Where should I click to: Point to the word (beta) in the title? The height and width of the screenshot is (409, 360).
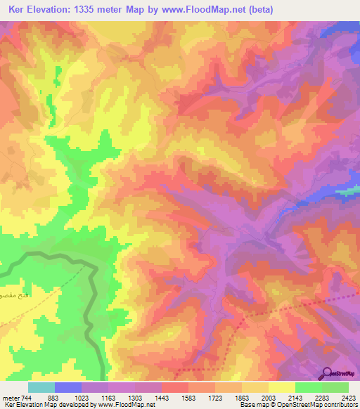click(x=258, y=10)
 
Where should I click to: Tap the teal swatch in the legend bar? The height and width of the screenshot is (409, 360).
click(x=41, y=387)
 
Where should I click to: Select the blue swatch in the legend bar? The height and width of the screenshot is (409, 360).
click(x=68, y=387)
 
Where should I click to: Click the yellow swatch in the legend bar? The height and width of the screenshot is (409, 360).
click(x=282, y=387)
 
